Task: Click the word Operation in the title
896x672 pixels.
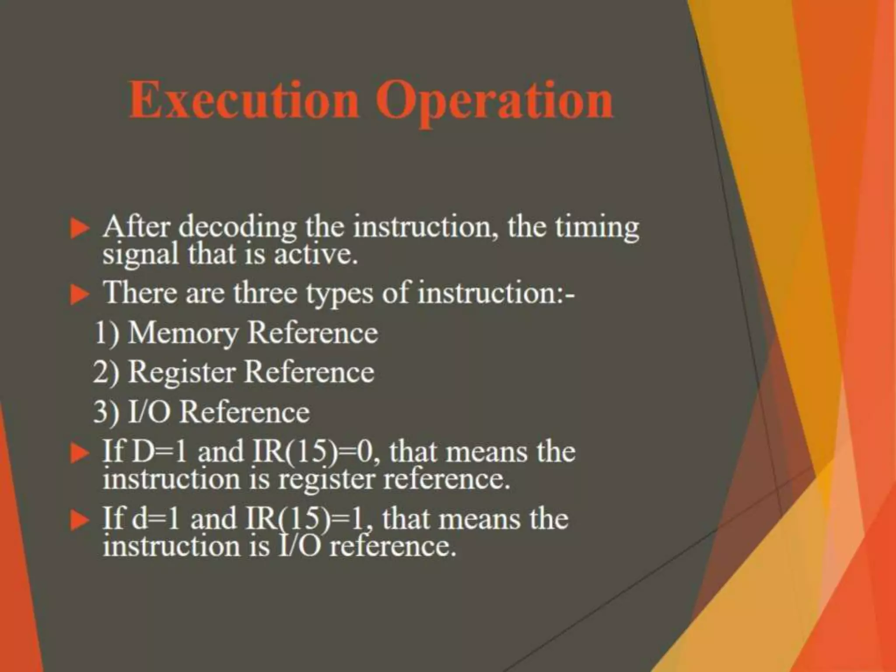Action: [494, 101]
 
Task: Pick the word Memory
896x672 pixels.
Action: [183, 334]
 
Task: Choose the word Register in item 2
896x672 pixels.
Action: [182, 373]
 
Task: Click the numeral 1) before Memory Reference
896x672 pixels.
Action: [107, 333]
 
